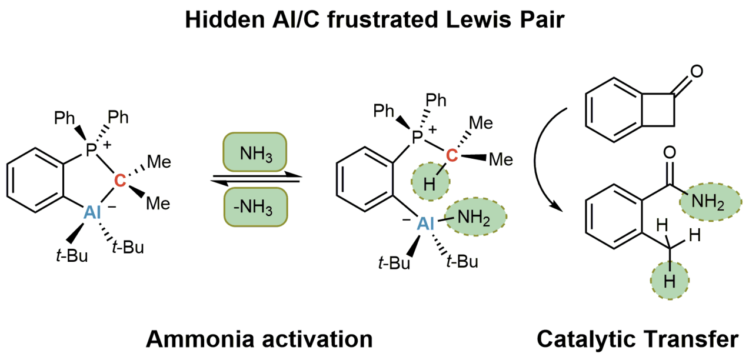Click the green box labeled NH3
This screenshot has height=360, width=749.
[x=255, y=155]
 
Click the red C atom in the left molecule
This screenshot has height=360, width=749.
[x=119, y=182]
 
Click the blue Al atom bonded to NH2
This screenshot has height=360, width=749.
[x=424, y=224]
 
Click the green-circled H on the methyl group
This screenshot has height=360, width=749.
[x=669, y=281]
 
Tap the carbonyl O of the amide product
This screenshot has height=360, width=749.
[x=667, y=155]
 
